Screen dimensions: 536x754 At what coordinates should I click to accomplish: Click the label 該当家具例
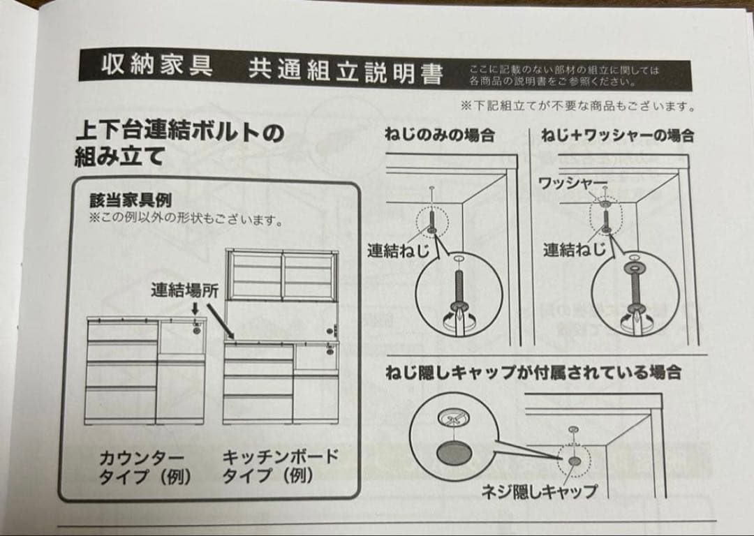[x=130, y=201]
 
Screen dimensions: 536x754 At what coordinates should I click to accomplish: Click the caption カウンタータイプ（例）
[x=145, y=468]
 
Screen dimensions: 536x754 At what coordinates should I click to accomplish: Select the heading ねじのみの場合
[x=439, y=135]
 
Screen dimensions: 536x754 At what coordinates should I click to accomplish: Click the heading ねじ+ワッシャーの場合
[x=619, y=135]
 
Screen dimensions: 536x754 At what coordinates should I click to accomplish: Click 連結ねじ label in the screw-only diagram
[x=399, y=250]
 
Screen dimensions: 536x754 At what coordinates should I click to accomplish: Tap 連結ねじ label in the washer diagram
[x=575, y=249]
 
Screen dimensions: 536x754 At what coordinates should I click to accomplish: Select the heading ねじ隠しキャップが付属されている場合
[x=533, y=373]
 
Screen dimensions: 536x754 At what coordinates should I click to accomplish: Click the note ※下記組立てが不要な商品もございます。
[x=577, y=107]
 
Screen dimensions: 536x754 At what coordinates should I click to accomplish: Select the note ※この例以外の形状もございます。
[x=185, y=221]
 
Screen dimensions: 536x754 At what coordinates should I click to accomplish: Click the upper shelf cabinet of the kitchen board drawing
[x=281, y=276]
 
